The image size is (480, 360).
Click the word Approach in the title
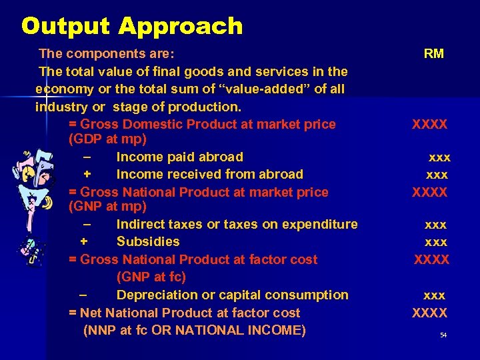(x=181, y=27)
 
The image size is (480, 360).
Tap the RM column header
(x=433, y=54)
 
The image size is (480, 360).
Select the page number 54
(x=443, y=335)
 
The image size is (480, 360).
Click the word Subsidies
(x=148, y=241)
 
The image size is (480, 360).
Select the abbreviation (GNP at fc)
(x=151, y=277)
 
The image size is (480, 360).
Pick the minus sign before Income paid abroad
(x=87, y=157)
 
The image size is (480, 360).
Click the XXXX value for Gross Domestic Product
(x=430, y=125)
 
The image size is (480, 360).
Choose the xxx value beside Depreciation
(x=435, y=295)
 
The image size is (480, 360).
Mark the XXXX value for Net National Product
(x=430, y=313)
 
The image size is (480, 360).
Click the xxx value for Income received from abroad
(x=437, y=175)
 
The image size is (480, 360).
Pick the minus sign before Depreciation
(x=82, y=295)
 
